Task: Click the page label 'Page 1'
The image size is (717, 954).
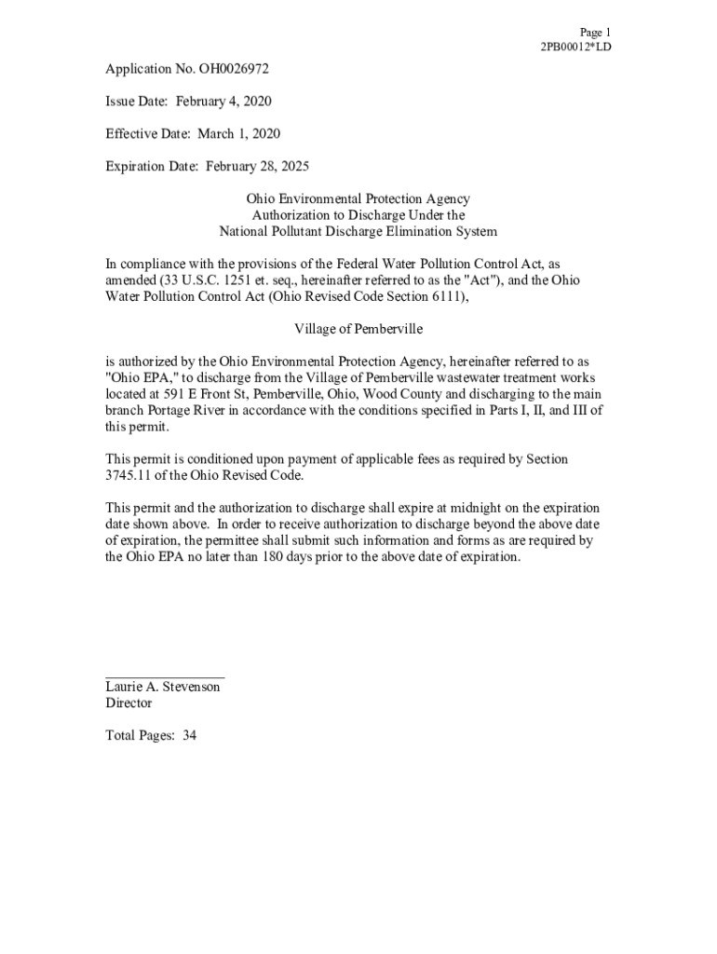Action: pyautogui.click(x=594, y=32)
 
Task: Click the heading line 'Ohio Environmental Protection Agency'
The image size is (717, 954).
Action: pyautogui.click(x=358, y=199)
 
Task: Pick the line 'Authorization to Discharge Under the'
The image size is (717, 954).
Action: pyautogui.click(x=358, y=215)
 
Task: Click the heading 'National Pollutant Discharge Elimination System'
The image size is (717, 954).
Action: pyautogui.click(x=358, y=231)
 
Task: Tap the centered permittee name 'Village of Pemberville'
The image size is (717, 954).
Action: pyautogui.click(x=358, y=329)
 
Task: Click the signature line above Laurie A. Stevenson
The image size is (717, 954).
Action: pyautogui.click(x=165, y=676)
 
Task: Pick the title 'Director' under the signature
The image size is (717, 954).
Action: pyautogui.click(x=129, y=703)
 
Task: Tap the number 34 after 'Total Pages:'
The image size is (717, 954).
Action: pyautogui.click(x=189, y=736)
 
